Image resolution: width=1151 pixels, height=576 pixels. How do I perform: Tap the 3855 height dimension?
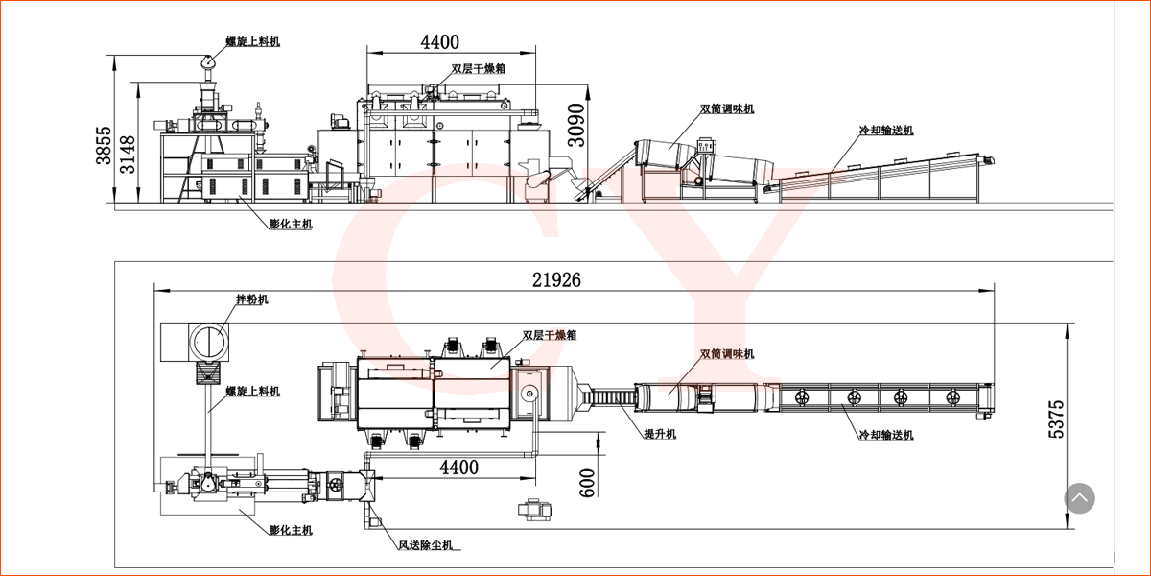pyautogui.click(x=103, y=147)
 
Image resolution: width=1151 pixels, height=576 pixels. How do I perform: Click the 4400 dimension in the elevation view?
pyautogui.click(x=439, y=41)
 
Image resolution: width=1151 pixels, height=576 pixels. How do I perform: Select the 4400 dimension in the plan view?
pyautogui.click(x=458, y=468)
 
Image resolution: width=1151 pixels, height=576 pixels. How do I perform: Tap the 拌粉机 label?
pyautogui.click(x=252, y=300)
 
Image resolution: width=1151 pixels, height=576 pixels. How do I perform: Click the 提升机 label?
pyautogui.click(x=660, y=435)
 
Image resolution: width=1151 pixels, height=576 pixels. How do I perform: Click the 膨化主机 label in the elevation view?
pyautogui.click(x=290, y=224)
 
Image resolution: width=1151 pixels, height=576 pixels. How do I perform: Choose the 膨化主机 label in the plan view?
pyautogui.click(x=290, y=530)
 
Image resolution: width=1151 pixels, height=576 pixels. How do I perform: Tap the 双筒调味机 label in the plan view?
pyautogui.click(x=727, y=354)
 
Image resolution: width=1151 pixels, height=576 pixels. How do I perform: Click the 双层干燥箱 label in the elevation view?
pyautogui.click(x=479, y=70)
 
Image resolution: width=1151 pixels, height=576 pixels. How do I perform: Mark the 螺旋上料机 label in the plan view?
pyautogui.click(x=253, y=391)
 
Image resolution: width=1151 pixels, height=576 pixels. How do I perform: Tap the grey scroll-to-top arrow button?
pyautogui.click(x=1079, y=498)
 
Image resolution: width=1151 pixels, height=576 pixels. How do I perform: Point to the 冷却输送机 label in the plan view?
pyautogui.click(x=886, y=435)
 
